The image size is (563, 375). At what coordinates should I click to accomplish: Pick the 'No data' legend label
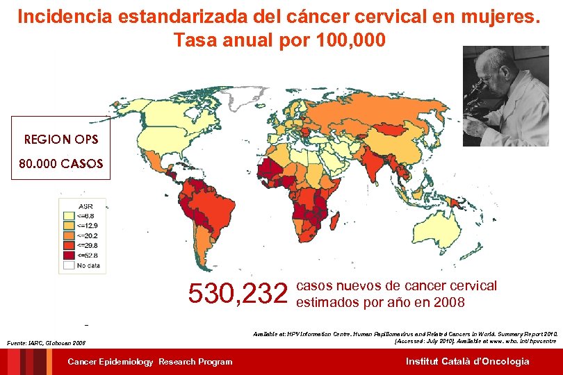[x=88, y=265]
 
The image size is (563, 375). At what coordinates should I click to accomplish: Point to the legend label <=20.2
[x=88, y=235]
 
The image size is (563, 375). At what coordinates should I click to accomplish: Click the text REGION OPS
[x=61, y=140]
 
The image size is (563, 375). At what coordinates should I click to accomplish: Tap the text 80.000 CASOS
[x=61, y=165]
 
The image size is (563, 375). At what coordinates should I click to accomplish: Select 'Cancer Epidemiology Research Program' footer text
[x=150, y=361]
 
